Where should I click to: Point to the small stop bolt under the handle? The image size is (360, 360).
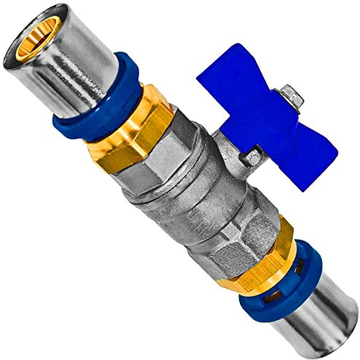253,155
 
